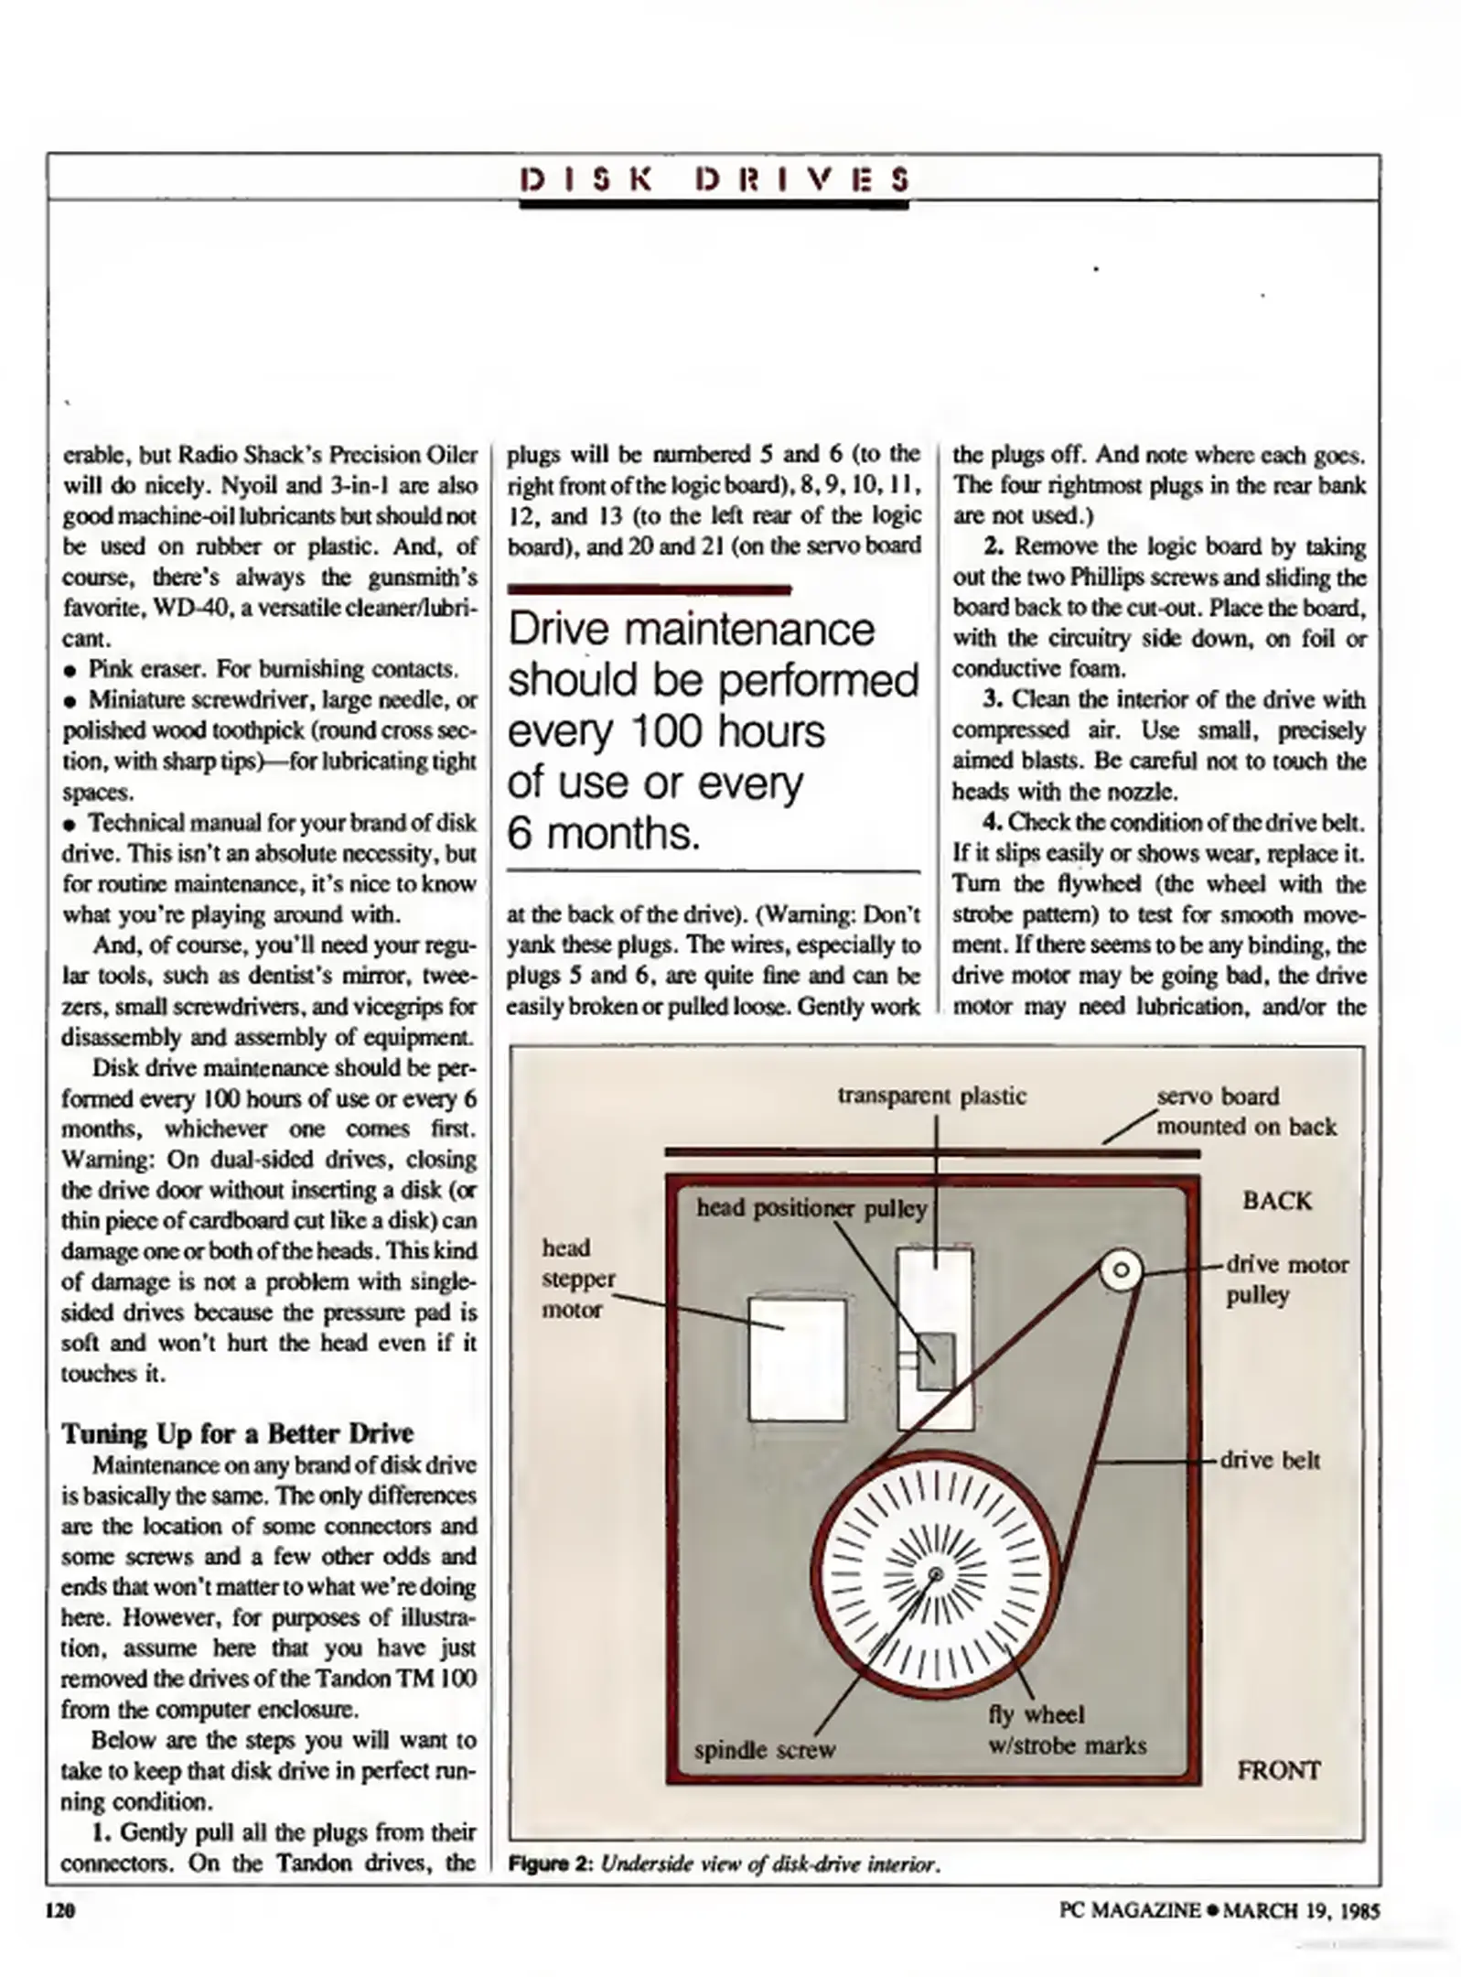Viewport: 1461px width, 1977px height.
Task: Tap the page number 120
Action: [x=60, y=1910]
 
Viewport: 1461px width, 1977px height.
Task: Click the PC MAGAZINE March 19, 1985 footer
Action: [x=1219, y=1910]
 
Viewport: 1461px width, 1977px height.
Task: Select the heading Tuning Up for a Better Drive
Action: [x=237, y=1433]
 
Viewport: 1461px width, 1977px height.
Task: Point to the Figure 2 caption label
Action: [x=552, y=1864]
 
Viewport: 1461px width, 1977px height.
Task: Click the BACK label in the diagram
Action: [x=1276, y=1200]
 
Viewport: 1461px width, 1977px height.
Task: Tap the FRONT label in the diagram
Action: [x=1278, y=1770]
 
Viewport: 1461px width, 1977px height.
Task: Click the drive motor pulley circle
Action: [x=1121, y=1270]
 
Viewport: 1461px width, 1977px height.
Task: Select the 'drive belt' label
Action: [x=1270, y=1460]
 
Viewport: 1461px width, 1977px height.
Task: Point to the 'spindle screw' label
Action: [x=764, y=1750]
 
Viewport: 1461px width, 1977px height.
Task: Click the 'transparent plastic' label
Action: [x=931, y=1096]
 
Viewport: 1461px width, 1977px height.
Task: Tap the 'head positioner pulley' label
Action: [x=811, y=1208]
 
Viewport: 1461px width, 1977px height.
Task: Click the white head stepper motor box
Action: [x=797, y=1358]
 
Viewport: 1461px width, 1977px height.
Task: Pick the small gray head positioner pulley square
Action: [x=936, y=1361]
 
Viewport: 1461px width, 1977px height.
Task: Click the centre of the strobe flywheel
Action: [x=935, y=1574]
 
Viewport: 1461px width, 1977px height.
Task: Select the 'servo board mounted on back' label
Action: [x=1245, y=1111]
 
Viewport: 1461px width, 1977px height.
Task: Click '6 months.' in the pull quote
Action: [x=603, y=833]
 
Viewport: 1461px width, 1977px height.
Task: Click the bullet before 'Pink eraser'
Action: [x=70, y=670]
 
